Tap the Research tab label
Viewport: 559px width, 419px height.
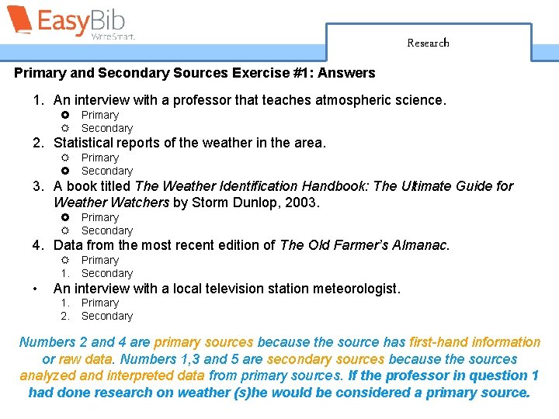[428, 43]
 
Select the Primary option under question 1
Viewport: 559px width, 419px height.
[99, 115]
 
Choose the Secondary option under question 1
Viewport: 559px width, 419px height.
[107, 128]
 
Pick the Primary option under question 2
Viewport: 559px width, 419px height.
[99, 158]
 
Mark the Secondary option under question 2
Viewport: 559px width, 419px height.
[107, 171]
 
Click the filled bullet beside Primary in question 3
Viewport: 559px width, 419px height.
[65, 217]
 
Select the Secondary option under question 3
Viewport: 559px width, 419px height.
[107, 230]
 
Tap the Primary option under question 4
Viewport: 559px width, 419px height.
[99, 260]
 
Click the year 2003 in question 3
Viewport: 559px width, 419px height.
[303, 203]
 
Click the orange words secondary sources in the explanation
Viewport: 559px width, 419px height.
[325, 359]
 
